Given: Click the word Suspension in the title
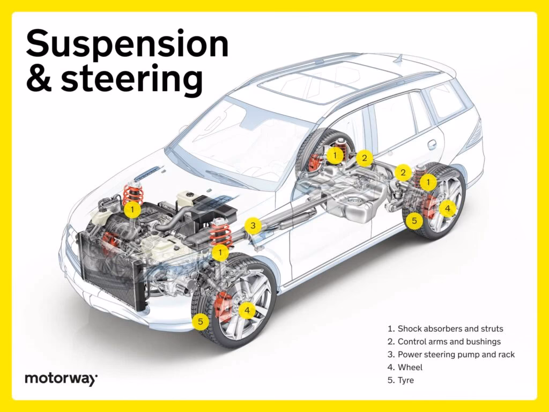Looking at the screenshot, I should pyautogui.click(x=127, y=46).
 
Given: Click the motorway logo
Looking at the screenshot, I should pyautogui.click(x=61, y=379).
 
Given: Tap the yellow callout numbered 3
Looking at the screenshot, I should pyautogui.click(x=254, y=225).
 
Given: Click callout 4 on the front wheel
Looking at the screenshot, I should pyautogui.click(x=247, y=310).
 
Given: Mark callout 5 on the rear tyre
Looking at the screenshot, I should pyautogui.click(x=413, y=219).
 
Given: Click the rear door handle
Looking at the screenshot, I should pyautogui.click(x=432, y=144).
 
